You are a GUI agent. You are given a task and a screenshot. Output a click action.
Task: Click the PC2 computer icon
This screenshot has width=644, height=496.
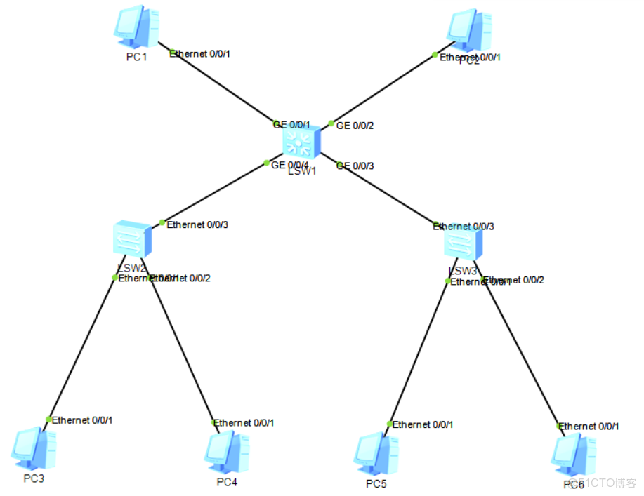pos(469,29)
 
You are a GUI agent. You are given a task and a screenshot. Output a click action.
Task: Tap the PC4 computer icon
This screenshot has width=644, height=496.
pos(227,453)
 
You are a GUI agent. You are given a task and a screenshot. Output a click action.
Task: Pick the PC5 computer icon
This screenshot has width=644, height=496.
pos(377,454)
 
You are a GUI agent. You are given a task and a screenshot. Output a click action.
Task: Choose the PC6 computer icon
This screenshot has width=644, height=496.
pos(574,457)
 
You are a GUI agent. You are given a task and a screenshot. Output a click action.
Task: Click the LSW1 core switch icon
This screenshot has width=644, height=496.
pos(303,144)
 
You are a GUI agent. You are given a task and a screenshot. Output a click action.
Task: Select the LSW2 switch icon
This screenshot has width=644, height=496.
pos(132,241)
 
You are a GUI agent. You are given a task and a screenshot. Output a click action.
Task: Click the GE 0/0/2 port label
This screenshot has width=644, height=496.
pos(355,126)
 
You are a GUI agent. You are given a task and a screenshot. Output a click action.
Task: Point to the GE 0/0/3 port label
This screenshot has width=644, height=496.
pos(355,166)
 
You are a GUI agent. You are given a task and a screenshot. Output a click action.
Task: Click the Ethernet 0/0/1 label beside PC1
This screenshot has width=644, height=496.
pos(200,53)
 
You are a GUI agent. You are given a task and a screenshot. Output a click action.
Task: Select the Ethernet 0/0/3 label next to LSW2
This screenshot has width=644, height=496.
pos(197,225)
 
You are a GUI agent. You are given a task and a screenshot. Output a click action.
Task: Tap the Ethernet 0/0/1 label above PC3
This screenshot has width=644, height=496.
pos(82,420)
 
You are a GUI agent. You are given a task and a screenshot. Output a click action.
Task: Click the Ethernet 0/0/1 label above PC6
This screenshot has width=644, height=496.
pos(589,427)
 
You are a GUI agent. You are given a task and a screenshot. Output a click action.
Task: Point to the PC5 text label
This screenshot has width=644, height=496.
pos(376,484)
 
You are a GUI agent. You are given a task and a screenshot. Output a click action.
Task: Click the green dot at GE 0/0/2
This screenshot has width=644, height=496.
pos(331,123)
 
